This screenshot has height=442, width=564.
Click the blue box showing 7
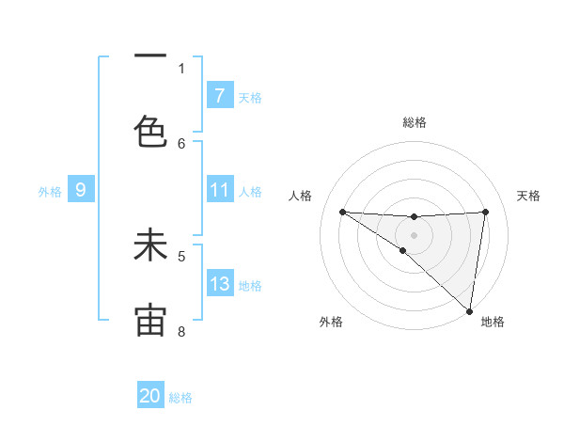(x=219, y=96)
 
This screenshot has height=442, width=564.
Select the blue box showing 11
(x=219, y=191)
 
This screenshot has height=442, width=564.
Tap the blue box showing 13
(x=219, y=284)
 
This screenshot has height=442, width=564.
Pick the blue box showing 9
(x=81, y=191)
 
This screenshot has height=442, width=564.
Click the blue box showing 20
(x=150, y=396)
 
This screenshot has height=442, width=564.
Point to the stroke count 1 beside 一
(x=181, y=69)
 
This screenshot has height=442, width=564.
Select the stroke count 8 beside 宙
(x=181, y=332)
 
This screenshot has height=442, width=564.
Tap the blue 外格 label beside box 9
(x=50, y=192)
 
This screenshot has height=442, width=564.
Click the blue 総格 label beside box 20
(x=180, y=398)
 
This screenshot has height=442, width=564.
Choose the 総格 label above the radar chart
(x=414, y=122)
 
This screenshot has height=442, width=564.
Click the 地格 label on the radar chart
(x=493, y=323)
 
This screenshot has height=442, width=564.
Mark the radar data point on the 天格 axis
(x=485, y=212)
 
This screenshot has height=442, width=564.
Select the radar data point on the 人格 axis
(x=342, y=212)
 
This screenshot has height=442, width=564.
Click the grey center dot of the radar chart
(x=414, y=234)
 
